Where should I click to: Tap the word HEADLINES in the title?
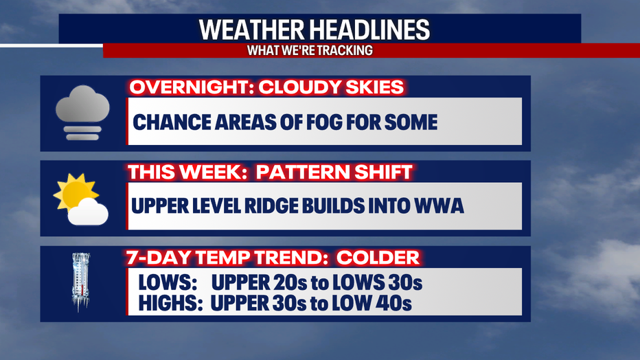[x=369, y=30]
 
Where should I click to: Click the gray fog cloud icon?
[x=82, y=113]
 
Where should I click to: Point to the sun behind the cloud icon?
[x=74, y=191]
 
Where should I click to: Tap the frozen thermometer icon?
[x=81, y=281]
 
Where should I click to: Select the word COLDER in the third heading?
[x=378, y=258]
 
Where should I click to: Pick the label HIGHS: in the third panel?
[x=170, y=303]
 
